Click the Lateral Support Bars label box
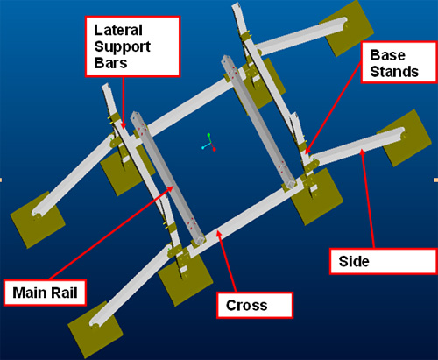(132, 46)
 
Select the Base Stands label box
(399, 62)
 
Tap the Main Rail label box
(45, 293)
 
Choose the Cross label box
(255, 305)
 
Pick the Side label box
(384, 261)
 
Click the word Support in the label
(122, 47)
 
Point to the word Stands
(394, 72)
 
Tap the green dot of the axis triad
(208, 135)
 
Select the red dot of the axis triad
(215, 150)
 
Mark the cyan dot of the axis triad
(203, 148)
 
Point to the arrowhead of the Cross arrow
(218, 234)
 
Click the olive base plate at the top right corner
(347, 28)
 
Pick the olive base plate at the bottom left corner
(95, 329)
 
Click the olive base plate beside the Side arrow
(406, 138)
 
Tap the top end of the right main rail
(226, 60)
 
